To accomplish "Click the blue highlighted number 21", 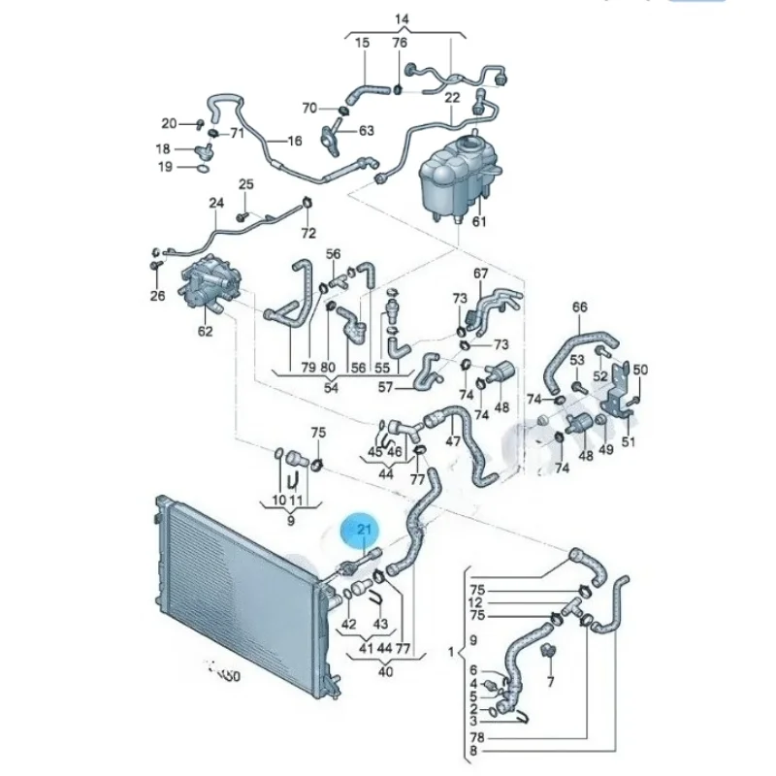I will (x=365, y=529).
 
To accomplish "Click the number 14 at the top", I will (x=402, y=19).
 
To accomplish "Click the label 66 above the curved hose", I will (x=579, y=307).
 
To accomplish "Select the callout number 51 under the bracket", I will (x=628, y=443).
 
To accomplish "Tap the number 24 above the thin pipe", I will (x=215, y=203).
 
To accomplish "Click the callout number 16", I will (x=295, y=141).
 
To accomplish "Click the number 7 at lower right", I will (x=550, y=682).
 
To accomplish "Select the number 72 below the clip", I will (x=308, y=233).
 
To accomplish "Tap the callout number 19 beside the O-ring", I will (x=165, y=167).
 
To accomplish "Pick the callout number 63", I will (x=366, y=130).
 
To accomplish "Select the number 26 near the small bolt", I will (x=157, y=296).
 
